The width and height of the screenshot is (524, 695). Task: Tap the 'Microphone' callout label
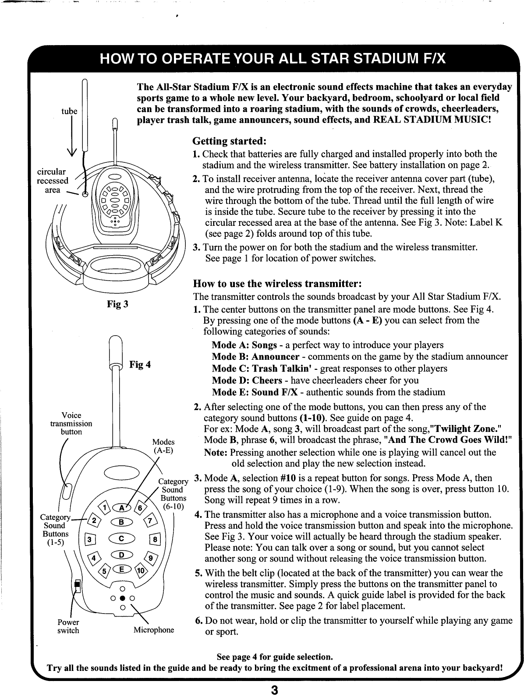pos(154,630)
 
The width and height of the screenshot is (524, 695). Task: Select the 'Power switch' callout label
pos(68,626)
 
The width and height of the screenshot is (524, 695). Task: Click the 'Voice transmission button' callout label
pos(71,424)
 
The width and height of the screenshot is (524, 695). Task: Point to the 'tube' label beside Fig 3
pos(69,111)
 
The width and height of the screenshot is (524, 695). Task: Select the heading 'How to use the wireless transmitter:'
pos(278,281)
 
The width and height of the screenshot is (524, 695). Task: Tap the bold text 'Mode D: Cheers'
pos(249,380)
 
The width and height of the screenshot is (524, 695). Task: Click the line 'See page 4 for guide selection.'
pos(275,657)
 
